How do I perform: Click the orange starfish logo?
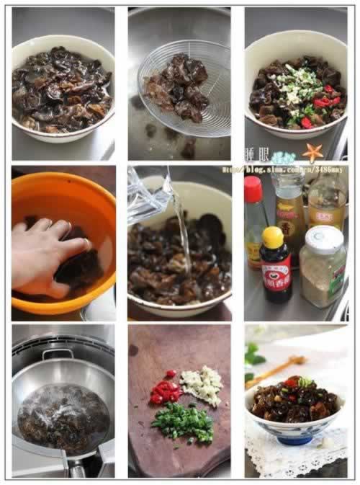point(312,152)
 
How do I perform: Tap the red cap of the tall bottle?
point(253,190)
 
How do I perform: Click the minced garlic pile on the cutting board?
point(202,382)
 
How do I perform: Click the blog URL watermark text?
point(284,169)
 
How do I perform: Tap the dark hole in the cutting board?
point(134,350)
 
